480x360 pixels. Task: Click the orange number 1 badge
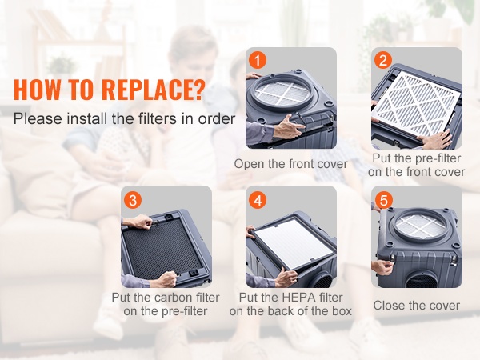point(257,60)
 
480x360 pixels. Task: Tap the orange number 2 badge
point(383,60)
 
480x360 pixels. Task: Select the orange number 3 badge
point(133,200)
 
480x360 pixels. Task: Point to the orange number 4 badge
point(258,200)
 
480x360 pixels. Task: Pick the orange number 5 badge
point(383,200)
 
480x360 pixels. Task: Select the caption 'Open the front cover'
point(291,164)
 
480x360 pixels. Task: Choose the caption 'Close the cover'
point(416,306)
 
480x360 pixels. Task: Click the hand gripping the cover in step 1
point(288,126)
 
